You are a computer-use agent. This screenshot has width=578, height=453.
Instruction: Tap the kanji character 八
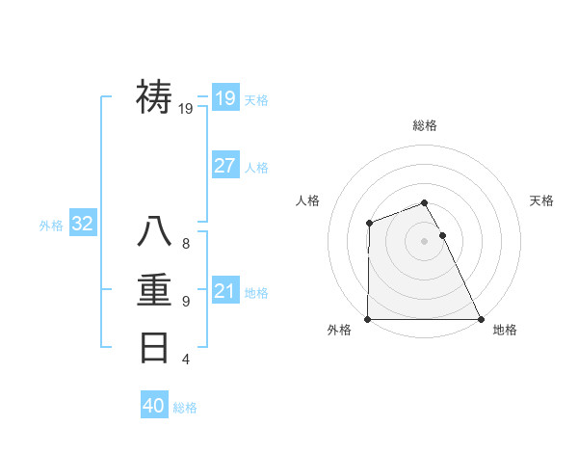[155, 232]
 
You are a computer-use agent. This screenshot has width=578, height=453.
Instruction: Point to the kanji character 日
[155, 347]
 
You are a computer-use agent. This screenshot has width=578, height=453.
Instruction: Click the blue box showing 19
[224, 97]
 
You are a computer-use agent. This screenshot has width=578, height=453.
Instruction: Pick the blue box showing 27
[224, 166]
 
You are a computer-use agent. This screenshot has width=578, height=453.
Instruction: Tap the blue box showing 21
[224, 291]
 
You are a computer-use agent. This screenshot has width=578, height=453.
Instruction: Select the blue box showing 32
[82, 225]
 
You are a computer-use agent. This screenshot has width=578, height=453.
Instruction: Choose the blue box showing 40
[154, 406]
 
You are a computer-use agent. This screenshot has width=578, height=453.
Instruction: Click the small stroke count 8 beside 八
[186, 244]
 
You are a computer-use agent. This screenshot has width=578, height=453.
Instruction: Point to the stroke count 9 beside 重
[186, 302]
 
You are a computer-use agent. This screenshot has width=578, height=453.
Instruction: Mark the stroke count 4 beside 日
[186, 360]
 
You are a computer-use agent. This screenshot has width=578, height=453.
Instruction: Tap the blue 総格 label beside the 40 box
[185, 408]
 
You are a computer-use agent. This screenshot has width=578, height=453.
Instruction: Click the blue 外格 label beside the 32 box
[51, 226]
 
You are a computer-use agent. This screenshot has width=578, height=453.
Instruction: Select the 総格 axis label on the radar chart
[425, 125]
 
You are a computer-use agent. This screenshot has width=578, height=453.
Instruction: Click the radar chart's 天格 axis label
[542, 200]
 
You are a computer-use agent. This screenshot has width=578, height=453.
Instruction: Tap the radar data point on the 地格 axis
[481, 319]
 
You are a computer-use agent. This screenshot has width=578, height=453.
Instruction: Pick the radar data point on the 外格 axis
[368, 319]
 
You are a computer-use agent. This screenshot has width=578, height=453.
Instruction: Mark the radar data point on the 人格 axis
[370, 224]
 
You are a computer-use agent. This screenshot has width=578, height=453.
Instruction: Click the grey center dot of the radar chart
[425, 241]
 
